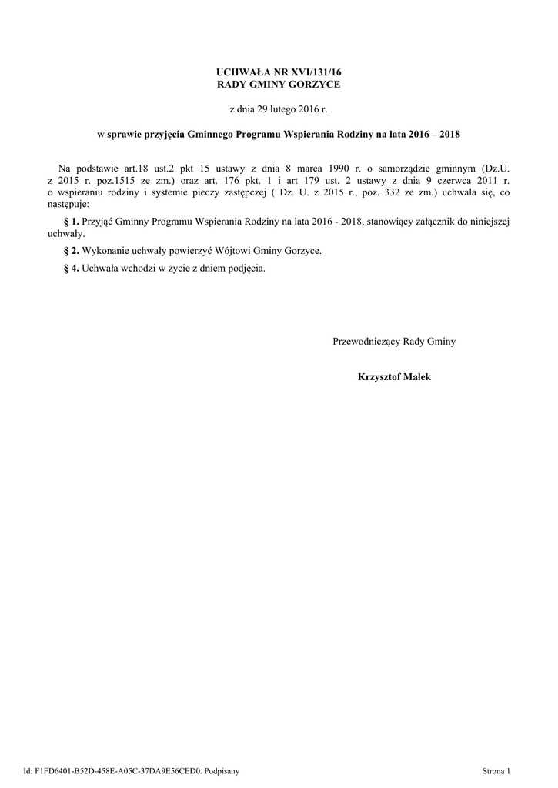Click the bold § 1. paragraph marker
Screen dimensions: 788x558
[71, 221]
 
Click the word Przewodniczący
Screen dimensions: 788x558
[366, 341]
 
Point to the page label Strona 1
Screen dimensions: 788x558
[496, 770]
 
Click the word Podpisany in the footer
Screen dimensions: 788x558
[223, 770]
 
